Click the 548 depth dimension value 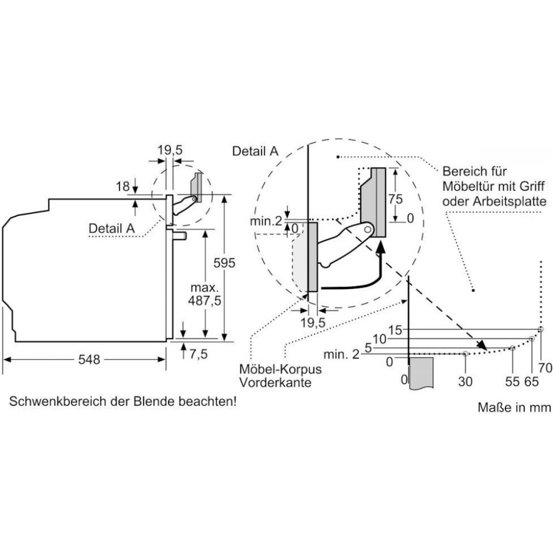tap(88, 360)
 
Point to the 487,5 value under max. tap(205, 301)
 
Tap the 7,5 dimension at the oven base tap(198, 354)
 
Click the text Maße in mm tap(514, 408)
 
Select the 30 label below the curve tap(466, 381)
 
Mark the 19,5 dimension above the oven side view tap(169, 149)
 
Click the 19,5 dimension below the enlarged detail tap(312, 322)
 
